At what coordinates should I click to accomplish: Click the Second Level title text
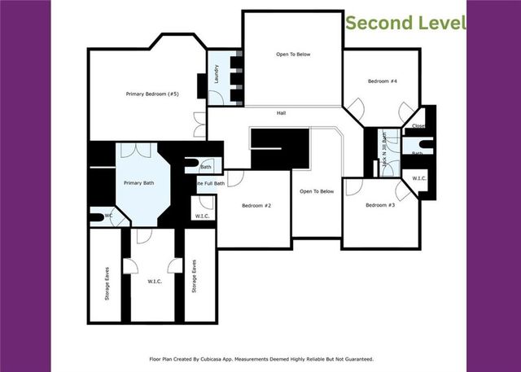(x=405, y=22)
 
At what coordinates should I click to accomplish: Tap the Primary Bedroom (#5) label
(x=152, y=94)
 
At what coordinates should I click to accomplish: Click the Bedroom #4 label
(x=382, y=81)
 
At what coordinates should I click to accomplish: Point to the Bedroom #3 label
(x=380, y=205)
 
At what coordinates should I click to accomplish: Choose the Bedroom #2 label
(x=256, y=205)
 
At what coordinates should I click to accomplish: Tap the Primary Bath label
(x=138, y=183)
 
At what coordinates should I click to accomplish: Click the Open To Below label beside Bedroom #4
(x=291, y=55)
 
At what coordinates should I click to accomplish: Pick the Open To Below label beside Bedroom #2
(x=317, y=191)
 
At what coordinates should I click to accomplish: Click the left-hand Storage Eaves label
(x=107, y=277)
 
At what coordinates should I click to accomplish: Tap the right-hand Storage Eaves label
(x=194, y=277)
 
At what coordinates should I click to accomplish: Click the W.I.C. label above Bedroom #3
(x=420, y=178)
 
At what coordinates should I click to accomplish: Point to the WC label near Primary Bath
(x=108, y=217)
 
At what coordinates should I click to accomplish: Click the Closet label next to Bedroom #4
(x=418, y=126)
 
